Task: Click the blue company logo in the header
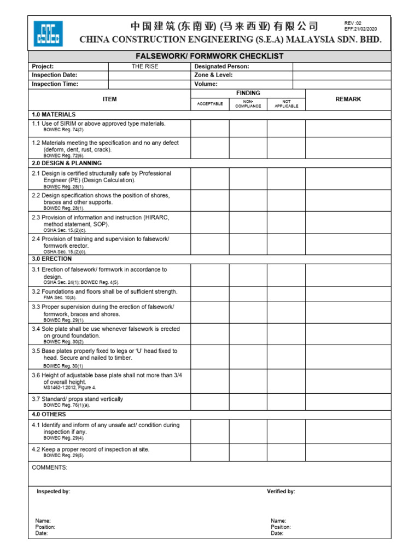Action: pos(48,33)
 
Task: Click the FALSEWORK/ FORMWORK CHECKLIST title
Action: pos(209,56)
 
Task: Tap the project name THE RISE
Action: pos(145,66)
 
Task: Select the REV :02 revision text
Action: pos(353,23)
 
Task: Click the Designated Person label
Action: pos(221,66)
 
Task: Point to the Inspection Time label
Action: pos(55,84)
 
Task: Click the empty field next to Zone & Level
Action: pos(342,75)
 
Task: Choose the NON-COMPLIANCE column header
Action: pos(248,104)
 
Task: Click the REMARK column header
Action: pos(348,99)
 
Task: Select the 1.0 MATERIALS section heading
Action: pos(54,114)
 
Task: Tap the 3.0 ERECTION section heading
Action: pos(51,259)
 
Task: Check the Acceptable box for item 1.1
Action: pos(209,127)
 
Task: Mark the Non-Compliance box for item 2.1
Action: pos(248,179)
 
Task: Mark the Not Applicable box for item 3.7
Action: pos(286,402)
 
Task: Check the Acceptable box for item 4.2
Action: pos(209,452)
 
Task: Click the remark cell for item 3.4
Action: pos(348,334)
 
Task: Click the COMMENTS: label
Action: pos(50,468)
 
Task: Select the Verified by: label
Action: pos(281,492)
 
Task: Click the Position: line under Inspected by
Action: pos(45,527)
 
